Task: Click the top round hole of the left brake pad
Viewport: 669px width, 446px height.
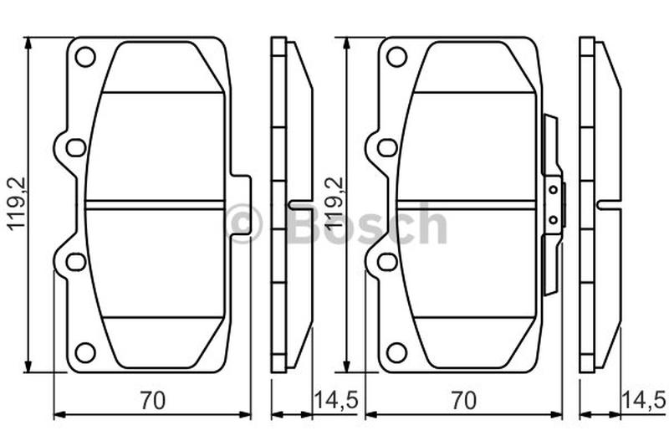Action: coord(85,57)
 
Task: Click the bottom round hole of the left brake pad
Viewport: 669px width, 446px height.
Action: coord(85,352)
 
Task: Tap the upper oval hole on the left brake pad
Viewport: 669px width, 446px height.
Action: coord(76,147)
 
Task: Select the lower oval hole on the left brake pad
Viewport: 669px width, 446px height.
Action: coord(76,262)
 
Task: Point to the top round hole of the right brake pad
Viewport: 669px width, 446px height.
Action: coord(396,57)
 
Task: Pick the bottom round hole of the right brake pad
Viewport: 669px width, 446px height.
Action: coord(396,352)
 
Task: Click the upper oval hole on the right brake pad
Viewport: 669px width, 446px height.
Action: coord(387,147)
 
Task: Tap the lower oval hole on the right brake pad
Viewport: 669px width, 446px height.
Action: coord(387,262)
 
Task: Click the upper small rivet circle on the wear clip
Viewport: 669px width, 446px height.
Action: coord(553,189)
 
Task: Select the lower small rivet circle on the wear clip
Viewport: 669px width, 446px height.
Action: coord(553,220)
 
